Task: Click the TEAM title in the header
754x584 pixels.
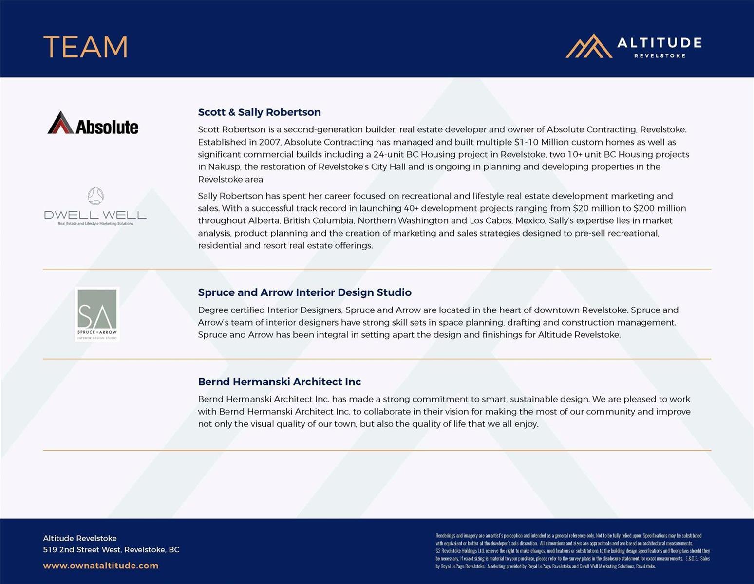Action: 85,47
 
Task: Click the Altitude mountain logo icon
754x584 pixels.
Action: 588,46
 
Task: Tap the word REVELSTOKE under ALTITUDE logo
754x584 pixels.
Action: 660,56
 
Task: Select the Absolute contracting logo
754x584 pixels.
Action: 93,124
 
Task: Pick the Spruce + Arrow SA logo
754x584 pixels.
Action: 97,314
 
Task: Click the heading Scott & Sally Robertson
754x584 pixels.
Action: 259,112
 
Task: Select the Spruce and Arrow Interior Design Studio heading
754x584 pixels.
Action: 304,292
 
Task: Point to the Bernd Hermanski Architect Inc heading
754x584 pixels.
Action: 279,382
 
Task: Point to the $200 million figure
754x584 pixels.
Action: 660,208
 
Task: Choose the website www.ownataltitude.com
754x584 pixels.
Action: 100,566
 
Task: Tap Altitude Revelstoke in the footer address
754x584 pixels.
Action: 79,538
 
